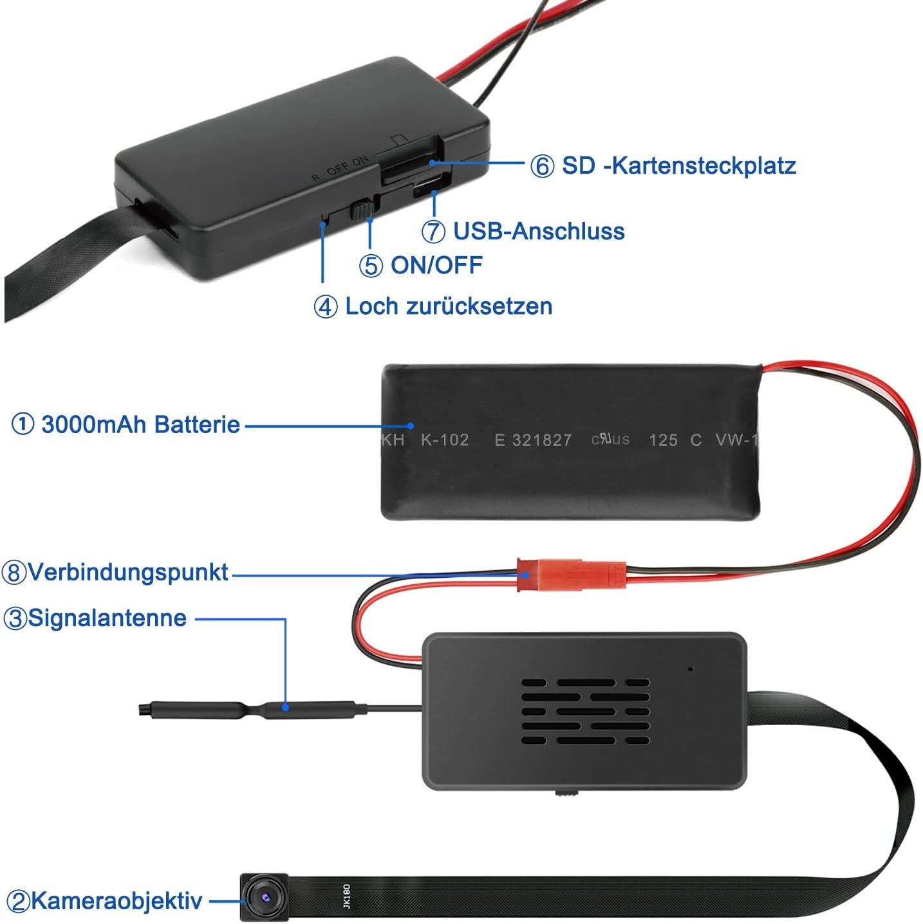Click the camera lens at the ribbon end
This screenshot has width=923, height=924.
[x=265, y=896]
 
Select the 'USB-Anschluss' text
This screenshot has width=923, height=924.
[x=539, y=231]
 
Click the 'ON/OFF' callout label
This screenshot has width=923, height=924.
[x=436, y=265]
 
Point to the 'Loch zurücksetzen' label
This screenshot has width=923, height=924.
[x=449, y=306]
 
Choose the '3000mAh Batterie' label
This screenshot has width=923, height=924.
[x=140, y=425]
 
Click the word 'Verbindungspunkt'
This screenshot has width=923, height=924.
[x=128, y=572]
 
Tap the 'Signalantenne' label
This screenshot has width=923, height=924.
[x=107, y=618]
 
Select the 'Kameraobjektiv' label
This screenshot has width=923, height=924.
[x=117, y=901]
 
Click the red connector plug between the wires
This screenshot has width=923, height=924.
[x=572, y=574]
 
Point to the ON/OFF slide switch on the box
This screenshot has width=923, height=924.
[x=362, y=210]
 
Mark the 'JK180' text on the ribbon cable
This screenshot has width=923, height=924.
[x=346, y=896]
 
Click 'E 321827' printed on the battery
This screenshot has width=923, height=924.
[x=533, y=439]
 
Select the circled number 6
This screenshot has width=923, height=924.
[x=542, y=166]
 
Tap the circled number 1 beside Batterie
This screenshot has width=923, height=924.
[x=23, y=425]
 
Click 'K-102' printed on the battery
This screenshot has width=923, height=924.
[x=444, y=439]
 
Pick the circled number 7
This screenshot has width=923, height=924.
[x=434, y=232]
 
